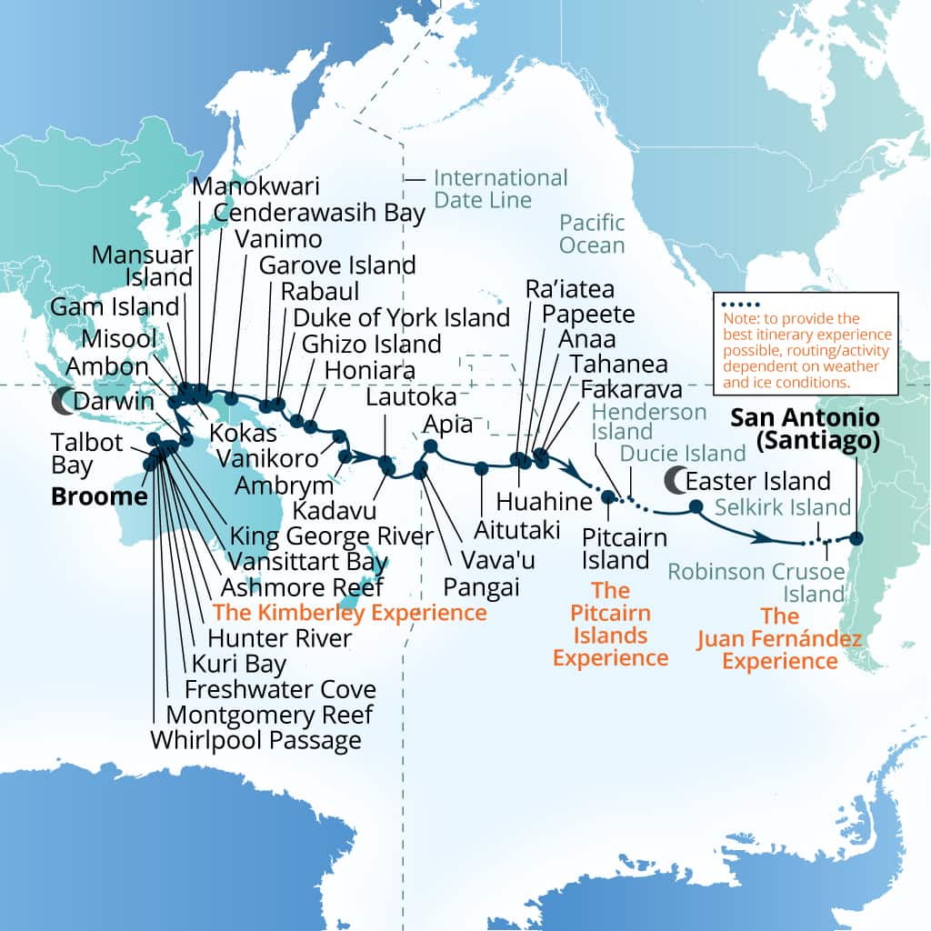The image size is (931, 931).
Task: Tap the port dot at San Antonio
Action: click(x=856, y=537)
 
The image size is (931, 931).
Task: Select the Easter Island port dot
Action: click(x=696, y=506)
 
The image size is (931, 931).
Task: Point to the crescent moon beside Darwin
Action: click(x=62, y=400)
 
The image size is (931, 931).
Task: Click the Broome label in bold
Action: click(x=99, y=496)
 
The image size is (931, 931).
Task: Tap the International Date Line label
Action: click(x=500, y=188)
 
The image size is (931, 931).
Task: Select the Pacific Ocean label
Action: click(x=592, y=234)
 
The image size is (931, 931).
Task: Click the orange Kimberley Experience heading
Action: click(x=349, y=613)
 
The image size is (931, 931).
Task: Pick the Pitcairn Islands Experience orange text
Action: click(x=610, y=625)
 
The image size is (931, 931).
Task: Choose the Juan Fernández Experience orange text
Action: click(x=779, y=639)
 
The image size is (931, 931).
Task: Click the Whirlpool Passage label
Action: click(x=255, y=740)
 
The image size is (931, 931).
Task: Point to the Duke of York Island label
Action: click(x=401, y=317)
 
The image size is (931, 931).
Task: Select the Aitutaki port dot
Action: click(x=481, y=468)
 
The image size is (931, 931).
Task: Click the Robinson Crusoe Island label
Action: click(x=756, y=582)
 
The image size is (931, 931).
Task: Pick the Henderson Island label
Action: click(x=649, y=423)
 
